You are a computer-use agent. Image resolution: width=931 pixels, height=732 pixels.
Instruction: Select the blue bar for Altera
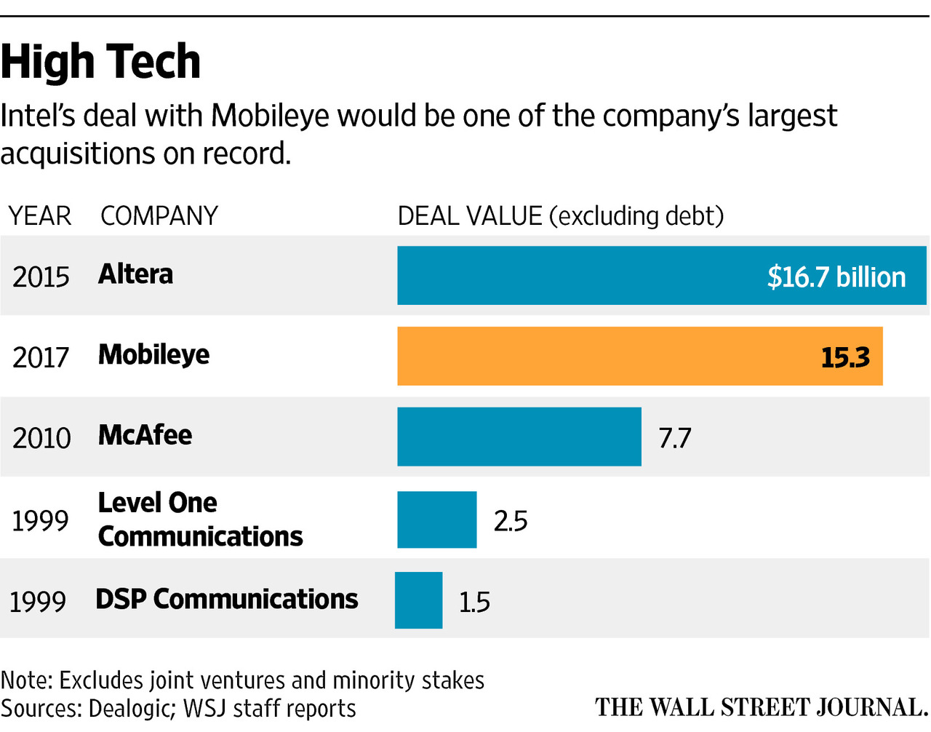click(582, 275)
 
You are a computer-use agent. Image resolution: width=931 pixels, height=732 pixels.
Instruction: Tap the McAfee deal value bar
click(519, 437)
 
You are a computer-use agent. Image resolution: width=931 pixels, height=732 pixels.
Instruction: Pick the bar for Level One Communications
click(436, 520)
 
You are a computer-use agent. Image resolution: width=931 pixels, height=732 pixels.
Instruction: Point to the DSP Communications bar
click(418, 600)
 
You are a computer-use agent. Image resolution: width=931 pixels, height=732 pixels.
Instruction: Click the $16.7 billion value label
click(836, 277)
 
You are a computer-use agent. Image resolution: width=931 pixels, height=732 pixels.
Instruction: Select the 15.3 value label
click(845, 357)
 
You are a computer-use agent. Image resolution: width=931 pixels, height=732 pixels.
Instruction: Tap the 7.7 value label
click(674, 438)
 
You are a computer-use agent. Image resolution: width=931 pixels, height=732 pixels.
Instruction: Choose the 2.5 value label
click(510, 521)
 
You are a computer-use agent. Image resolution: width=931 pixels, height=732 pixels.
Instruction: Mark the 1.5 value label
click(474, 602)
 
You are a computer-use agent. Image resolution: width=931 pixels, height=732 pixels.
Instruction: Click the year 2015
click(41, 277)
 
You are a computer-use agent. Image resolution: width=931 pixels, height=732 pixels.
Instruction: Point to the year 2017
click(41, 357)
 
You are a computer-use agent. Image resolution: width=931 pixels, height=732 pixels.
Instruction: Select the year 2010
click(41, 438)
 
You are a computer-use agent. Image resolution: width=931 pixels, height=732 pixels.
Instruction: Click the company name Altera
click(135, 274)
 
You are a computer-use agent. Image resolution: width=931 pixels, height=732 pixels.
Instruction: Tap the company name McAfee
click(145, 435)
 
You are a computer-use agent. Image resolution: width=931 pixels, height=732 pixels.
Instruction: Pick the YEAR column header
click(40, 216)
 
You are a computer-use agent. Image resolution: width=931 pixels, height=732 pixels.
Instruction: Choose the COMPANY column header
click(159, 216)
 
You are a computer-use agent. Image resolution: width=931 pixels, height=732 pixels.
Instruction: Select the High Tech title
click(100, 62)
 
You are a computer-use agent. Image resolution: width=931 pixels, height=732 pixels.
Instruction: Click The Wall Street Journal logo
click(762, 707)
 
